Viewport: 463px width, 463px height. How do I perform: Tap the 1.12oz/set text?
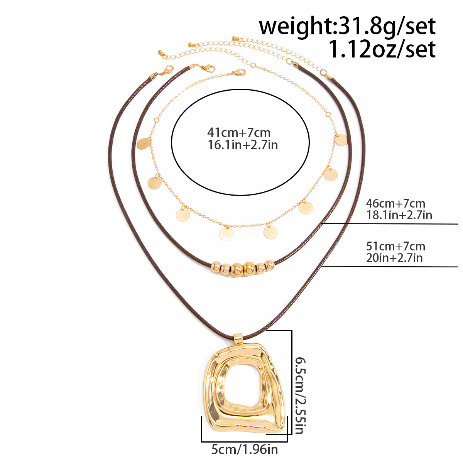coord(382,49)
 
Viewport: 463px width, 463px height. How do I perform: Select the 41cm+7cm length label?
coord(239,132)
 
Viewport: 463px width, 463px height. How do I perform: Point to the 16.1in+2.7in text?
coord(243,145)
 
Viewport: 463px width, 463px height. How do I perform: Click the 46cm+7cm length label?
coord(395,203)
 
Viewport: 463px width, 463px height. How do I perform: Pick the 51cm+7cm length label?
coord(395,246)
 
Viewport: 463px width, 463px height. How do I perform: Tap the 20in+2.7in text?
coord(394,258)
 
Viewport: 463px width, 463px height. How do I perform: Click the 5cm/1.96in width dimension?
coord(245,449)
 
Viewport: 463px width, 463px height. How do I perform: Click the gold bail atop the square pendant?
coord(238,339)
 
